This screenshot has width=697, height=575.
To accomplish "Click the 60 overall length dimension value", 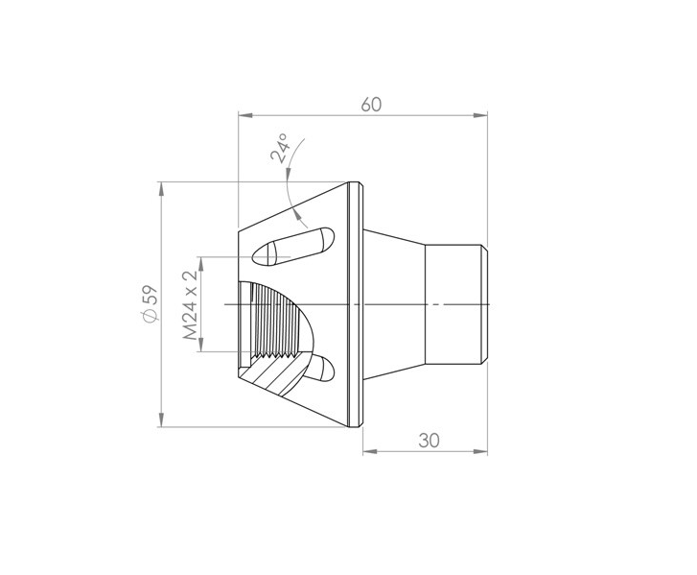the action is pyautogui.click(x=371, y=105).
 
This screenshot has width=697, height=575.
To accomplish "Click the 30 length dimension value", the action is pyautogui.click(x=429, y=441).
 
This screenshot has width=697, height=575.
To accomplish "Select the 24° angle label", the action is pyautogui.click(x=280, y=148).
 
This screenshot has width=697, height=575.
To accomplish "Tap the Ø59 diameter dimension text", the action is pyautogui.click(x=150, y=304).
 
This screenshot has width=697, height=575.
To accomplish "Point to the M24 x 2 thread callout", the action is pyautogui.click(x=190, y=305).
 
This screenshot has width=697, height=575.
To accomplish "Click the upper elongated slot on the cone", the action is pyautogui.click(x=292, y=247).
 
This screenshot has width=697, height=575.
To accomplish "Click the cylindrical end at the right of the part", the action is pyautogui.click(x=456, y=304).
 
